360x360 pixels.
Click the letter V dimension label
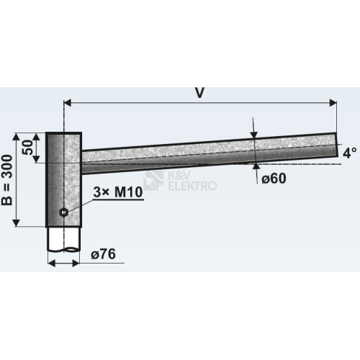(199, 93)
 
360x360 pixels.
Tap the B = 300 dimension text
(7, 180)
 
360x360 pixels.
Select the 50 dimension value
(27, 148)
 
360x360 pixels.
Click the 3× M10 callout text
(118, 192)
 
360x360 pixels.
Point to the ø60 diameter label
(274, 179)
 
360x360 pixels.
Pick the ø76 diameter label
(103, 254)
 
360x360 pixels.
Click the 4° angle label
(350, 153)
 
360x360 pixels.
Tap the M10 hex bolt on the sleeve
(63, 212)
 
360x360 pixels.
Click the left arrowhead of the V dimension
(68, 103)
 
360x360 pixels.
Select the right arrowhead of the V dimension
(333, 103)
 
